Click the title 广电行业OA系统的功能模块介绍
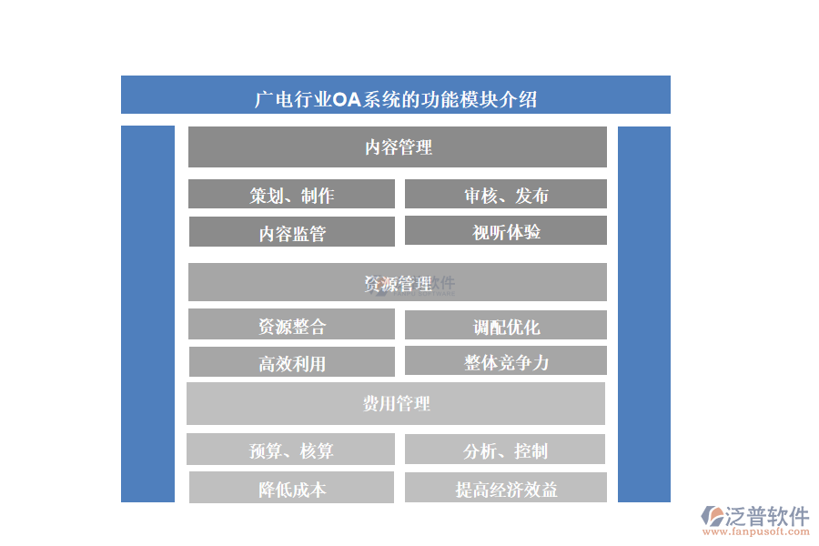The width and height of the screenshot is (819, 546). [396, 99]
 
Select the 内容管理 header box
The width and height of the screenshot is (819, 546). [398, 147]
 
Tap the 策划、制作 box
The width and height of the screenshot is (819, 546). [291, 194]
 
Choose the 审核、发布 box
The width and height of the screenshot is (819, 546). [506, 194]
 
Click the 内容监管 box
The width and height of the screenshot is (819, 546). [292, 231]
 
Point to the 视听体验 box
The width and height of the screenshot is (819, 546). [506, 230]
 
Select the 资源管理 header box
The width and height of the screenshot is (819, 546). [398, 282]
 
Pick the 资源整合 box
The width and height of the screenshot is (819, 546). [291, 324]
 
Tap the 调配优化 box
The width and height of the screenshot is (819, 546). [506, 325]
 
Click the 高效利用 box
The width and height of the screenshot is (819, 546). [292, 361]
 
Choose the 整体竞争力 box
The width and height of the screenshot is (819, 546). [506, 360]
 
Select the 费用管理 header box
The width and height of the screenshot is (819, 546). [396, 403]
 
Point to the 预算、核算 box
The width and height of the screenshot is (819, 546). [290, 449]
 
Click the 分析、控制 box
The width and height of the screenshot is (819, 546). [505, 449]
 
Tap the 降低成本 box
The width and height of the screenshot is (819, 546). [291, 488]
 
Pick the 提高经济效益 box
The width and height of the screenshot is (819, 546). [506, 488]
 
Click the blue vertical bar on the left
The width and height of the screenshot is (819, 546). [147, 314]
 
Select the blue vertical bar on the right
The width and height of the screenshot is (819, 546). [644, 315]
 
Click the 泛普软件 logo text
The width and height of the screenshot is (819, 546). [767, 516]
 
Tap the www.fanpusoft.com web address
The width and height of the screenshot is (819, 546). [756, 531]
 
